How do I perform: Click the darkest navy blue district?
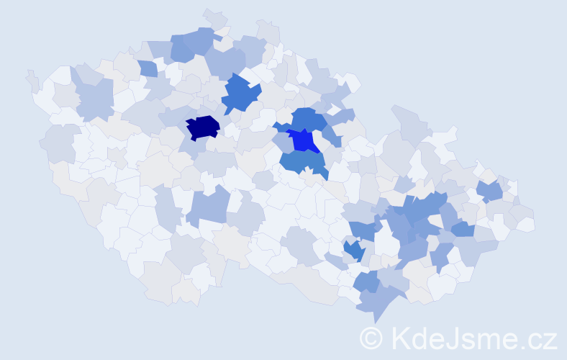click(x=202, y=127)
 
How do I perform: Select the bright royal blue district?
click(x=305, y=140)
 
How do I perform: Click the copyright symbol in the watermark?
click(x=371, y=337)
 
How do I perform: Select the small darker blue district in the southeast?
click(x=353, y=250)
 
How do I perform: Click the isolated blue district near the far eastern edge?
click(x=491, y=191)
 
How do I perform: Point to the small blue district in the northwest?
click(x=148, y=68)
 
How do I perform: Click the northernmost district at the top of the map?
click(x=214, y=16)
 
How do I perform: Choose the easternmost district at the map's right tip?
click(x=528, y=224)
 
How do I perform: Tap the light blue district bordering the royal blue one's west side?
click(x=283, y=143)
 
